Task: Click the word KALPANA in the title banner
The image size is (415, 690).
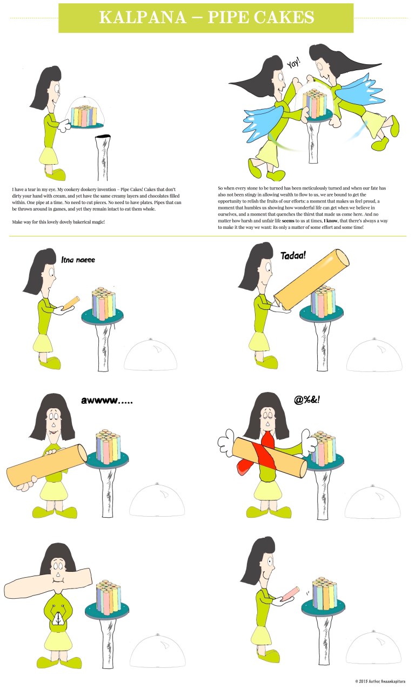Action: (143, 17)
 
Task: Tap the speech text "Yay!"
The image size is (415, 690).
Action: (293, 63)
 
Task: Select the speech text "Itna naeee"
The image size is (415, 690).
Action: (78, 260)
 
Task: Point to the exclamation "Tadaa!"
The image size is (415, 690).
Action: (293, 255)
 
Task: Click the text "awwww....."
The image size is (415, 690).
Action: (107, 401)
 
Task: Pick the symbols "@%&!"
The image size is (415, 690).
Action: (307, 400)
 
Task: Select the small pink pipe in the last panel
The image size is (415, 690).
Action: (291, 593)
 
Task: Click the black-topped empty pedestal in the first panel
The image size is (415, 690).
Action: (103, 157)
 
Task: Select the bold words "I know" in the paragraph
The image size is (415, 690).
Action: (331, 221)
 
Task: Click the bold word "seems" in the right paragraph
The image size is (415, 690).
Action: (288, 221)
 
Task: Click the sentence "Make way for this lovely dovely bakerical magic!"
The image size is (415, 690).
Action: (58, 222)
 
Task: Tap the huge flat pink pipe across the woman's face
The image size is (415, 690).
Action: (48, 579)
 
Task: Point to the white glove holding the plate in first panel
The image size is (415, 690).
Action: (65, 126)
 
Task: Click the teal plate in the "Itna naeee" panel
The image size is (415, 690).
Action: (102, 316)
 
